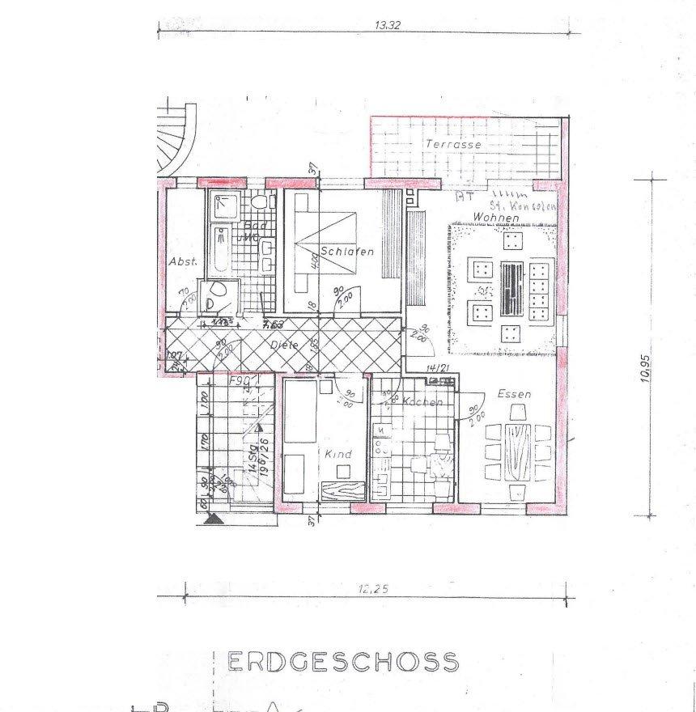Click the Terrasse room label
click(454, 144)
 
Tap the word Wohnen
click(493, 217)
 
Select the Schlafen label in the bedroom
click(347, 252)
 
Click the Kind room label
click(339, 455)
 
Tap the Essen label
click(514, 395)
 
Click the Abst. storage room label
click(183, 261)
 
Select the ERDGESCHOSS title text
click(343, 663)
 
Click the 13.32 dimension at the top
click(388, 25)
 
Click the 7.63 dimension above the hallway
click(272, 324)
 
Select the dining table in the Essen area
click(517, 452)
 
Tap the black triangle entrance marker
click(214, 519)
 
